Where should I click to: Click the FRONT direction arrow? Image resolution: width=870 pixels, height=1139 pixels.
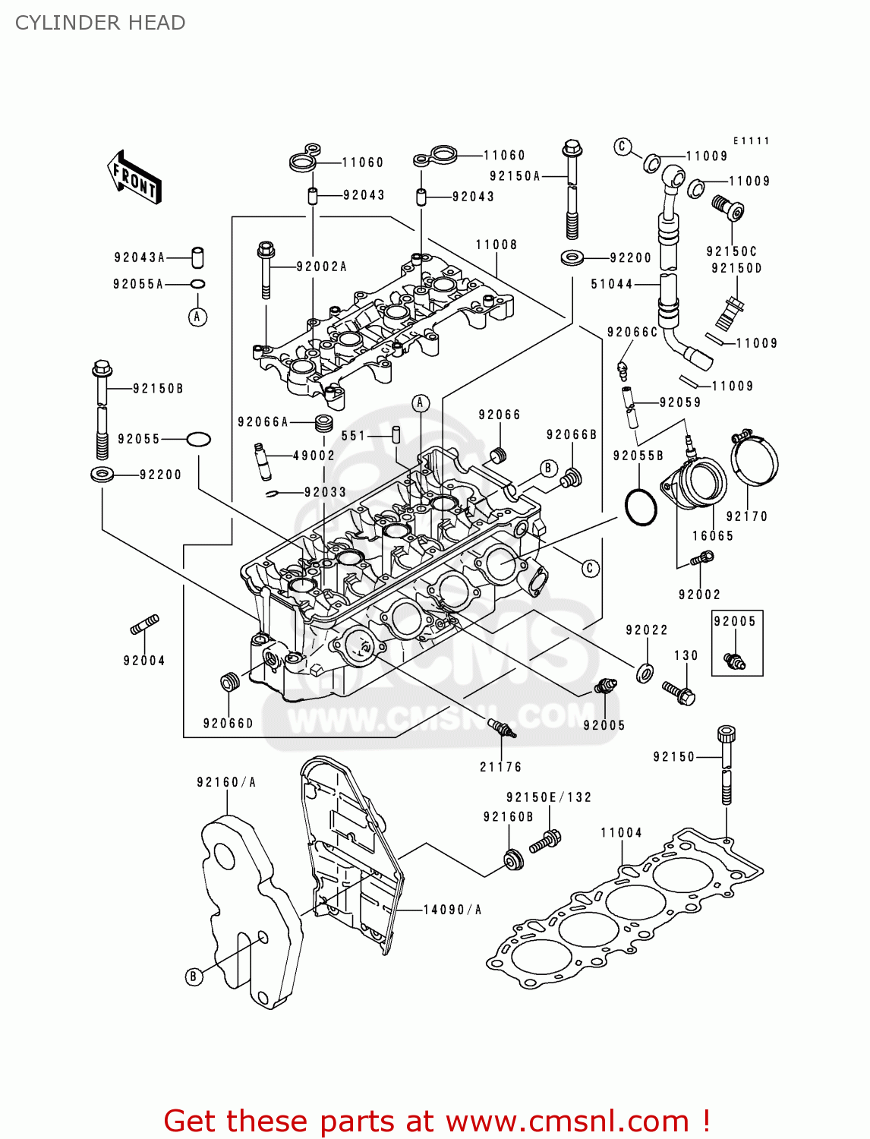tap(135, 177)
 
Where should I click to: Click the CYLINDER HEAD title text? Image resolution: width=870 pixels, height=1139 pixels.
tap(100, 23)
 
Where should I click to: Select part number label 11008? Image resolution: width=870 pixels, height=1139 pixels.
tap(496, 245)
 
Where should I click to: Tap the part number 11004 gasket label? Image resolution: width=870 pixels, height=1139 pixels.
tap(621, 833)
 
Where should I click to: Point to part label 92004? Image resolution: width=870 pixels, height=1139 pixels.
tap(144, 661)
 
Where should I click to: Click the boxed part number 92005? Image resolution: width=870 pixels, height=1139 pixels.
tap(735, 621)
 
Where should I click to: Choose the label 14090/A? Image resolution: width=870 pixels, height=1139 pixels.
tap(452, 910)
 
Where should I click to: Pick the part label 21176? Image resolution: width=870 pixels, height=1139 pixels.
tap(500, 767)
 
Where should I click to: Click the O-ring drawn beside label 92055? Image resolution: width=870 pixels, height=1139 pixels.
tap(198, 439)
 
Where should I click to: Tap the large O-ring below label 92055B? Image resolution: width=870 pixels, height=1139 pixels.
tap(641, 506)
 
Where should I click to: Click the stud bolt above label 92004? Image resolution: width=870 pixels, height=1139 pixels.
tap(144, 625)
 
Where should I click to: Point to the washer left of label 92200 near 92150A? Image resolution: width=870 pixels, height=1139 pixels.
tap(572, 257)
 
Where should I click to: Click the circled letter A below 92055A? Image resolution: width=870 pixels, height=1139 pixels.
tap(197, 317)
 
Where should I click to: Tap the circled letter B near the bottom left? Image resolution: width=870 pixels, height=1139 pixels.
tap(194, 977)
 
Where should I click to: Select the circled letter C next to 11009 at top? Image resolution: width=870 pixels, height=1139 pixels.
tap(623, 147)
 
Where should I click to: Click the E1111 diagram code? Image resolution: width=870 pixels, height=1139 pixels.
tap(751, 140)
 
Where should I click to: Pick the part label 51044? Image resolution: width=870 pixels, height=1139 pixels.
tap(611, 284)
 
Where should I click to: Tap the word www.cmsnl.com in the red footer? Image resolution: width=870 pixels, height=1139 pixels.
tap(567, 1121)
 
